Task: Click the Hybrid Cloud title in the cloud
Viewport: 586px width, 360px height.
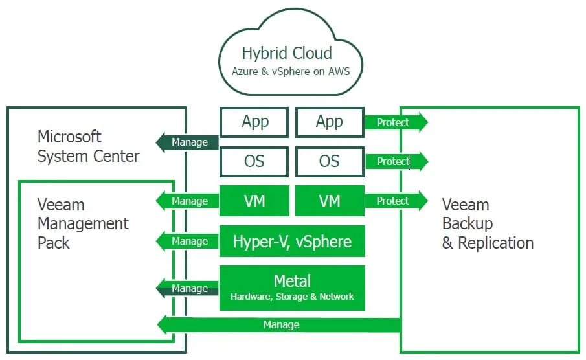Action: (286, 53)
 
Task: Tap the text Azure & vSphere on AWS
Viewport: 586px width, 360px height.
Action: (291, 71)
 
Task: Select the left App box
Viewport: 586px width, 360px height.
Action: (254, 122)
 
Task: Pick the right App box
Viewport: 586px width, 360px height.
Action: (330, 122)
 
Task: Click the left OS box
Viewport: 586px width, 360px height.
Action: (254, 161)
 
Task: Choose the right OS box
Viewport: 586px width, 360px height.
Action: (330, 161)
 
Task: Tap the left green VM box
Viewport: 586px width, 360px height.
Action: (254, 201)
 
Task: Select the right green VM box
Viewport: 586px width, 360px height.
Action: (330, 201)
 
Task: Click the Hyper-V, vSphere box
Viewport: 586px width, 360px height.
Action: (292, 242)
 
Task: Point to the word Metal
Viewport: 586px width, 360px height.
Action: (292, 281)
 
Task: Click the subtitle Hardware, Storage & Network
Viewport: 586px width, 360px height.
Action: (292, 297)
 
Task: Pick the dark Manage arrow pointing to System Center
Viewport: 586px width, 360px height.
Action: (187, 142)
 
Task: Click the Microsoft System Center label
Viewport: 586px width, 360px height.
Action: (88, 146)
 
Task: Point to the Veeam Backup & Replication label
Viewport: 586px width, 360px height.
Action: (488, 224)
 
